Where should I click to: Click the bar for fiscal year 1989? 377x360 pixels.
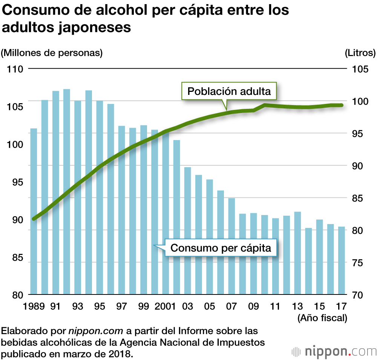pyautogui.click(x=34, y=211)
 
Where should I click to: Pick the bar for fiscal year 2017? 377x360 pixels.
pyautogui.click(x=342, y=260)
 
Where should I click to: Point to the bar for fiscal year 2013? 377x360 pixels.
pyautogui.click(x=297, y=253)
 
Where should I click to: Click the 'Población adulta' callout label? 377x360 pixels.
pyautogui.click(x=229, y=91)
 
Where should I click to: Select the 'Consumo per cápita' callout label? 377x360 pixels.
pyautogui.click(x=221, y=248)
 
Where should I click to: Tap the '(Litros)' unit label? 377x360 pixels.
pyautogui.click(x=360, y=53)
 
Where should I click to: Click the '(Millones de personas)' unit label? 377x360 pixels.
pyautogui.click(x=52, y=53)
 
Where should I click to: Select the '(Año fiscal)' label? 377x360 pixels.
pyautogui.click(x=322, y=318)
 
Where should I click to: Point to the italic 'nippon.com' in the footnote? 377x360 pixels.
pyautogui.click(x=96, y=331)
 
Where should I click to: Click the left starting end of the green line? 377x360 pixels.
pyautogui.click(x=34, y=218)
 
